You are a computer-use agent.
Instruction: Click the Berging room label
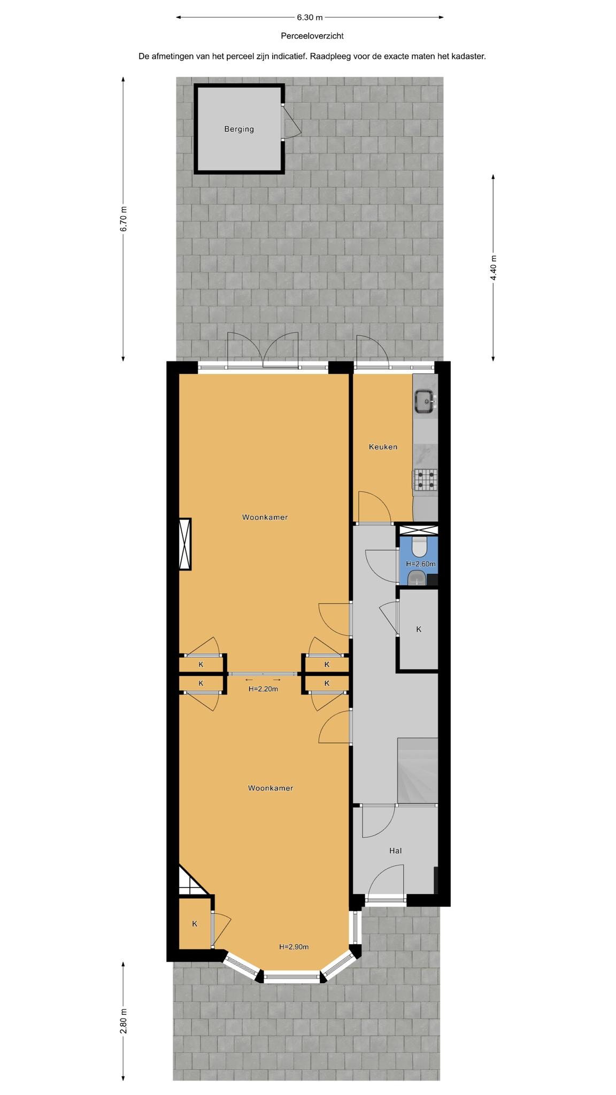tap(239, 129)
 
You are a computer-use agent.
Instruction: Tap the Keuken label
tap(383, 446)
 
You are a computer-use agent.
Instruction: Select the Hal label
tap(396, 850)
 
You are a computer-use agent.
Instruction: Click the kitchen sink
tap(426, 401)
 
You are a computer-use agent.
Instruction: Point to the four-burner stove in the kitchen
tap(425, 479)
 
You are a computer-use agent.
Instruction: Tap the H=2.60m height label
tap(420, 564)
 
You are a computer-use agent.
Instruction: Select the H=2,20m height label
tap(263, 689)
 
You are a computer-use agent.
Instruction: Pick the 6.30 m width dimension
tap(310, 17)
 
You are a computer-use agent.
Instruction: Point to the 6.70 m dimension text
tap(124, 219)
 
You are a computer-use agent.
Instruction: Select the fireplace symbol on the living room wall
tap(185, 544)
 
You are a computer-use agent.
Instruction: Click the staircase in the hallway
tap(417, 770)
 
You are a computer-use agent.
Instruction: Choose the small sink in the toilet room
tap(416, 578)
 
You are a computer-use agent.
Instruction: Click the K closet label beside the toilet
tap(419, 629)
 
